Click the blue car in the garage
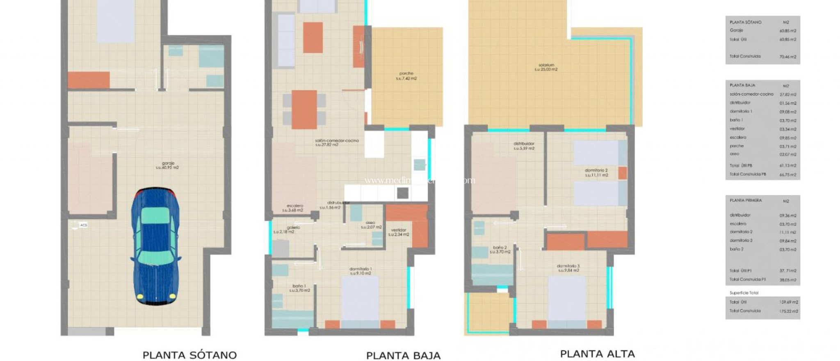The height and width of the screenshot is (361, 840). point(155,246)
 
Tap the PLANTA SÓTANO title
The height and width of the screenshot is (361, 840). point(189,355)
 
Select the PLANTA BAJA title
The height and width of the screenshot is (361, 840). point(403,356)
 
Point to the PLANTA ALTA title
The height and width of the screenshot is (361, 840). point(597,354)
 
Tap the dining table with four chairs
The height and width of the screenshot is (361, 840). point(304,110)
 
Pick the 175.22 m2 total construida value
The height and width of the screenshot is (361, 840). point(788,311)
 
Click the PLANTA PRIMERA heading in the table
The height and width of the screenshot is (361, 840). point(746,201)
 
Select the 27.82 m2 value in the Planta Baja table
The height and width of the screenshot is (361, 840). point(787,94)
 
